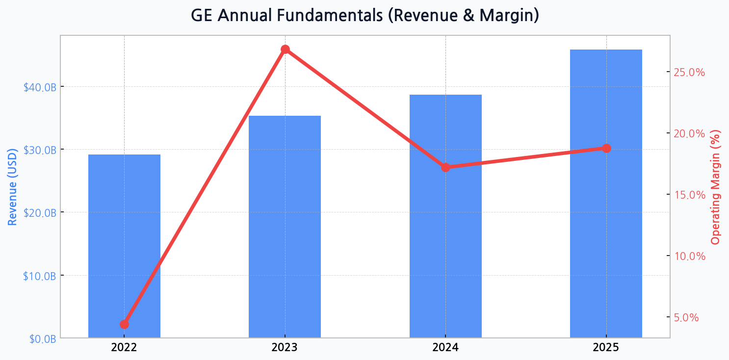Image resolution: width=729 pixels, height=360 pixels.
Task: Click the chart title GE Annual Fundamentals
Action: tap(364, 16)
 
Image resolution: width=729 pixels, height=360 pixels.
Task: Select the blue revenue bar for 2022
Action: tap(124, 245)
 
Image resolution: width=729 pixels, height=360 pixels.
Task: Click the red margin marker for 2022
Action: tap(124, 324)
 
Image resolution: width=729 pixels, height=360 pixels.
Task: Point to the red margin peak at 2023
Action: tap(285, 49)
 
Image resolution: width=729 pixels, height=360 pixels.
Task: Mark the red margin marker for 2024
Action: tap(445, 167)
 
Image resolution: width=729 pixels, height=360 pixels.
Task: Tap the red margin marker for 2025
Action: tap(606, 148)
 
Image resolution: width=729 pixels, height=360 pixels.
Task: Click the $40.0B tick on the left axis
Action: tap(40, 87)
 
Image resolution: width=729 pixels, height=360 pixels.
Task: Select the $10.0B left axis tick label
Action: tap(40, 276)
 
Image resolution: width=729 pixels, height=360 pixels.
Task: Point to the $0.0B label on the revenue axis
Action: tap(42, 339)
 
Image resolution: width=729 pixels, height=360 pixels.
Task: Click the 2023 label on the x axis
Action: tap(285, 348)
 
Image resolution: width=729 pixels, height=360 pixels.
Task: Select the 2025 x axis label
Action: tap(606, 348)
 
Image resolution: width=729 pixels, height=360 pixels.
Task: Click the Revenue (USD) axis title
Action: tap(13, 186)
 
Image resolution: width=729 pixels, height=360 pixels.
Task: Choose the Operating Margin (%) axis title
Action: tap(716, 186)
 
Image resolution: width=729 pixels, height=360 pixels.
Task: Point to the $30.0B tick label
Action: tap(40, 150)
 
